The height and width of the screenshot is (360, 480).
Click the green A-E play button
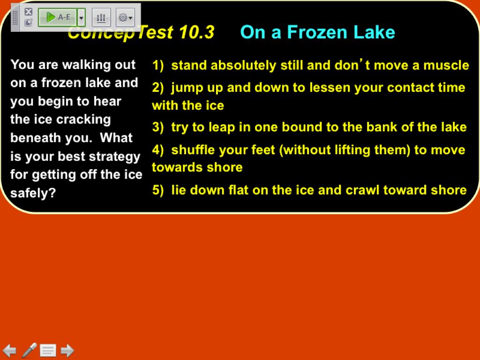58,17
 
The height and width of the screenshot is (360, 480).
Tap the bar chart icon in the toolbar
101,17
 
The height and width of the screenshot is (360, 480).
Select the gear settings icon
125,17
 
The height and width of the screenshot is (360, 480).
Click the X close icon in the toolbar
29,12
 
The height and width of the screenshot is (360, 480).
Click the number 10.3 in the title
196,32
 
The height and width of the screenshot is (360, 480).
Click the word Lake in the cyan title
374,32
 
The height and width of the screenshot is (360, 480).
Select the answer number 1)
158,66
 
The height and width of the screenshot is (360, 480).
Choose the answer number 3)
158,127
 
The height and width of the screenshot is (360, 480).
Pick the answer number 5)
158,190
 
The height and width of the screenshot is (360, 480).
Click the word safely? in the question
33,193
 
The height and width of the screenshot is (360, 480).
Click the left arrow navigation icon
9,351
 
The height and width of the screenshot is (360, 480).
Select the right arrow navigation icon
67,351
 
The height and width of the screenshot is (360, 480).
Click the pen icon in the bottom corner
30,350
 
